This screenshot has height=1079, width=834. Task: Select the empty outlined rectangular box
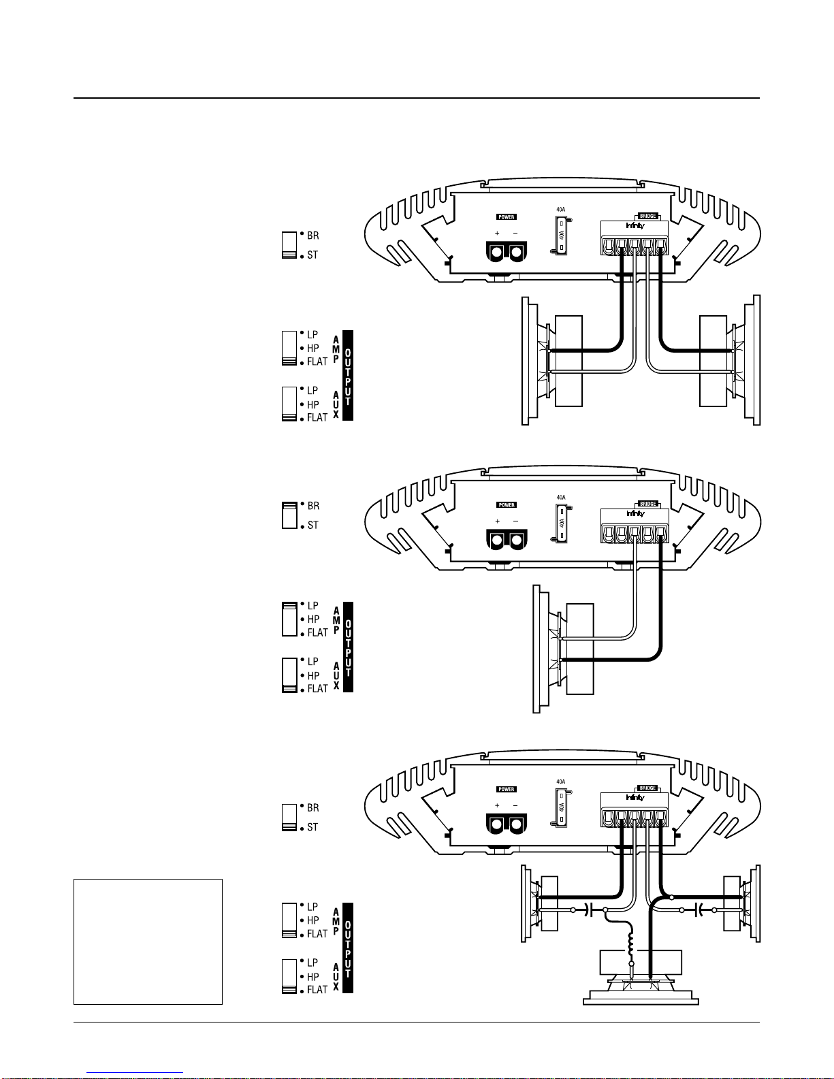tap(148, 941)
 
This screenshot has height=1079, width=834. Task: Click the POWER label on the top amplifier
tap(507, 217)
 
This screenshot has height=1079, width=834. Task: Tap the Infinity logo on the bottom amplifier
tap(635, 797)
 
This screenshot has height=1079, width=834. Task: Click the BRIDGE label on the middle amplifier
tap(648, 504)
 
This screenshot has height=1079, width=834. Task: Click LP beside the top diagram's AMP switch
tap(312, 334)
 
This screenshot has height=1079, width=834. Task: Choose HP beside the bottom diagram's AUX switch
tap(313, 976)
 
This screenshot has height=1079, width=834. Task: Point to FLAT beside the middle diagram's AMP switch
tap(317, 632)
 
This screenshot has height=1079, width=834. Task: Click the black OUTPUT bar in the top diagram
tap(348, 375)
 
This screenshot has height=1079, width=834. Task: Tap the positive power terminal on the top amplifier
tap(497, 253)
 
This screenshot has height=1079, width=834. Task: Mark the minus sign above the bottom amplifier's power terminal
tap(515, 805)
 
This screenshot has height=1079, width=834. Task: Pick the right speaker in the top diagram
tap(728, 361)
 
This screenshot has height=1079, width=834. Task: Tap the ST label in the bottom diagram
tap(312, 827)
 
